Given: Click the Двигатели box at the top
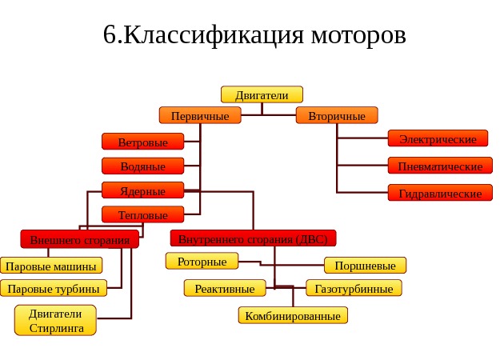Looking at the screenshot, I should point(262,95).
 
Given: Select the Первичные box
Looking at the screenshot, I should point(200,116).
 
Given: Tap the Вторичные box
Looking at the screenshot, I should point(337,116).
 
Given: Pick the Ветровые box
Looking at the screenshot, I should point(142,142).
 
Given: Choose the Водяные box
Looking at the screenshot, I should point(142,166).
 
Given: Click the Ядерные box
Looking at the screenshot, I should point(142,191).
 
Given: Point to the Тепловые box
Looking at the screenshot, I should point(142,215).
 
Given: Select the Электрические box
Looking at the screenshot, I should point(438,139).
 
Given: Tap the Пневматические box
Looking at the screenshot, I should point(440,166).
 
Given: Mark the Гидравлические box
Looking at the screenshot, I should point(440,194).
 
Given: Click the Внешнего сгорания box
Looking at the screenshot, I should point(79,239).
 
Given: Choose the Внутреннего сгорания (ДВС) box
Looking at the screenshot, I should point(253,238).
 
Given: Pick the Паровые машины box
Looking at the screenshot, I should point(51,266).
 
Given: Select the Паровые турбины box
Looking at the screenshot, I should point(54,289).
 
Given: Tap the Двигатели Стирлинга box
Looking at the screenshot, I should point(55,321).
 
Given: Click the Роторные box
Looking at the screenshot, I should point(202,262).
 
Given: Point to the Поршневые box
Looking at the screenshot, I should point(365,266).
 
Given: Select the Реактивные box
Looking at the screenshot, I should point(224,289).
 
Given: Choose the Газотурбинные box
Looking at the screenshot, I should point(354,289).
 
